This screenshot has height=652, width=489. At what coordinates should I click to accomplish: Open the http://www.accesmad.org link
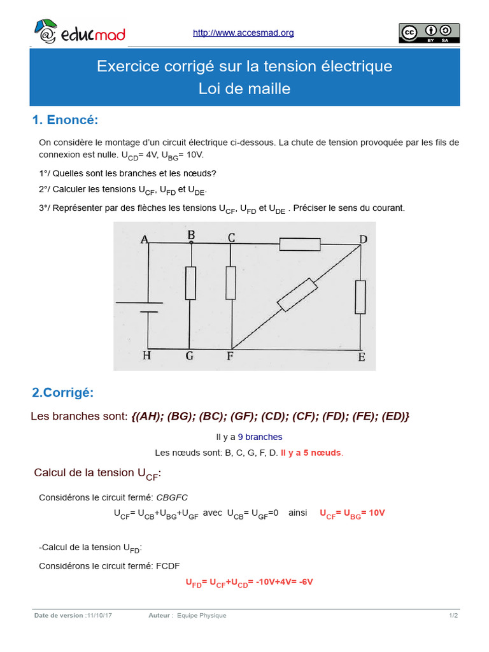[x=243, y=33]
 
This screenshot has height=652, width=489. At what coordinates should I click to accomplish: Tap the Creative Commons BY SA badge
[x=429, y=32]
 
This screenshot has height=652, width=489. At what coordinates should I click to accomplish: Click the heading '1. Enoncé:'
[x=65, y=120]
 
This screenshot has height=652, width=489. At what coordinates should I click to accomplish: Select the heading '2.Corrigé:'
[x=62, y=393]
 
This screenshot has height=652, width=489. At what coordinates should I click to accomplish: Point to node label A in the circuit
[x=145, y=239]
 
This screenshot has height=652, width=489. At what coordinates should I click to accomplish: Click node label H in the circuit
[x=146, y=356]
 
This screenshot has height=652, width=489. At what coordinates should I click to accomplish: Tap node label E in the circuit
[x=362, y=357]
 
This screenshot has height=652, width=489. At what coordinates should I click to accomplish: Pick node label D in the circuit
[x=363, y=239]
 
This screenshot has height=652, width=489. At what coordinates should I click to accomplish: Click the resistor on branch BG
[x=190, y=283]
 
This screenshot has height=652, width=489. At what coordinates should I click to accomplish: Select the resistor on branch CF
[x=231, y=283]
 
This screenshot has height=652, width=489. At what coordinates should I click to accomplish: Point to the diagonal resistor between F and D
[x=298, y=294]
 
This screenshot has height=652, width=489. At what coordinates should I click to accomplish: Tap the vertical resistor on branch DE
[x=360, y=296]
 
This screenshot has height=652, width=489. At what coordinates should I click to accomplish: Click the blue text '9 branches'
[x=260, y=437]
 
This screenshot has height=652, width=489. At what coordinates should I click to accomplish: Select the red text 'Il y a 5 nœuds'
[x=311, y=453]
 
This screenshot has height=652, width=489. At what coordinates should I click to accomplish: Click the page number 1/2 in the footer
[x=453, y=616]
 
